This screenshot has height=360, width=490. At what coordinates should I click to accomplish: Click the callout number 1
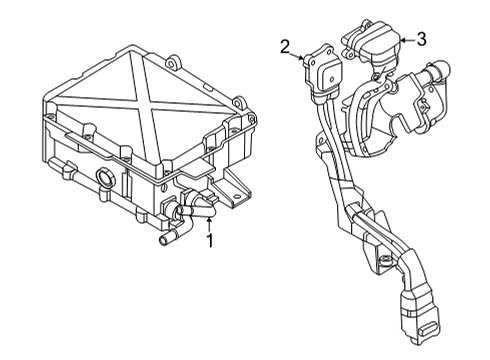point(209,241)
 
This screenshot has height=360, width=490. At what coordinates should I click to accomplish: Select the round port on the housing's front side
point(104,180)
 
